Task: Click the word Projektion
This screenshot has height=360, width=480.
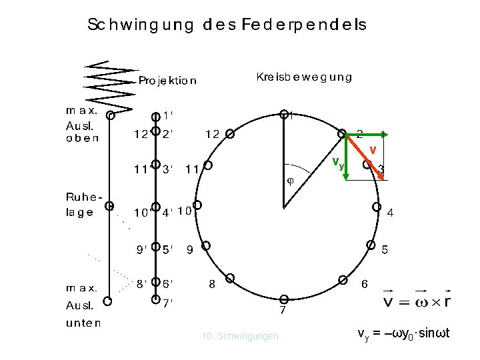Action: pos(167,81)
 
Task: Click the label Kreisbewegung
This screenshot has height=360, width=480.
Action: pos(304,77)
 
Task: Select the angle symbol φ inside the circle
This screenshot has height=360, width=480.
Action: pos(290,180)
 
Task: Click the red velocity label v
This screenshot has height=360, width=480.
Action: pos(373,149)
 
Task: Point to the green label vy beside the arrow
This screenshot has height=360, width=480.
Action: pos(339,163)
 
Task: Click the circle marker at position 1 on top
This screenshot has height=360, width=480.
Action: pos(283,114)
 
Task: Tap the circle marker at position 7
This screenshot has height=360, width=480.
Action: pos(283,299)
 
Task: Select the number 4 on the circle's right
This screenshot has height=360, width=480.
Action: pos(391,213)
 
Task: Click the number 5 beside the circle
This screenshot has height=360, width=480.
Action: pos(385,251)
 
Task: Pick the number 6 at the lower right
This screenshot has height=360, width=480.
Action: pos(365,284)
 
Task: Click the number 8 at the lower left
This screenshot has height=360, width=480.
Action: pos(212,283)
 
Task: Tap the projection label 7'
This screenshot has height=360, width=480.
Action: pos(168,302)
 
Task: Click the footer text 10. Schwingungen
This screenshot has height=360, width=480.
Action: pos(240,336)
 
